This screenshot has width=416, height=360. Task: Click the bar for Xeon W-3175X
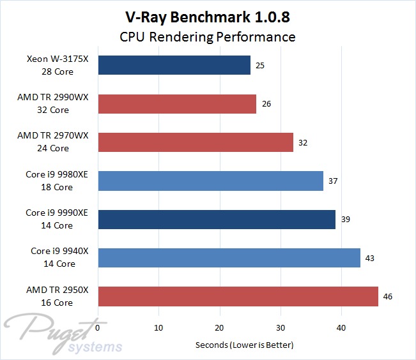(174, 65)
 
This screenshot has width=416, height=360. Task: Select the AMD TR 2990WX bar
(176, 103)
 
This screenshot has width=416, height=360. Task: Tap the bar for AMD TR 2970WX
(195, 142)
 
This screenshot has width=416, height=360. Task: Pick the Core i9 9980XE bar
(210, 181)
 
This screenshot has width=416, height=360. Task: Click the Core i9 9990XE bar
(216, 219)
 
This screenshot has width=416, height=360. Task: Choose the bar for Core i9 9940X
(229, 258)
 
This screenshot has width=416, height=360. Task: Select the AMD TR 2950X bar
(238, 296)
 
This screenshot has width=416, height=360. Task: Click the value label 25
(260, 65)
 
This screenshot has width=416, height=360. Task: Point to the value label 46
(388, 296)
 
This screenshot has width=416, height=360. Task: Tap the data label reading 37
(333, 181)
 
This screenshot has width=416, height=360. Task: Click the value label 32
(303, 142)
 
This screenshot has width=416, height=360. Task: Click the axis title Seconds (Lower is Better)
(244, 345)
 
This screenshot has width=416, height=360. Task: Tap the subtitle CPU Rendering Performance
(208, 36)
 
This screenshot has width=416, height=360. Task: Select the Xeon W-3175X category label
(58, 65)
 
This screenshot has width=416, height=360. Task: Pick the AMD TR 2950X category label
(58, 296)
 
